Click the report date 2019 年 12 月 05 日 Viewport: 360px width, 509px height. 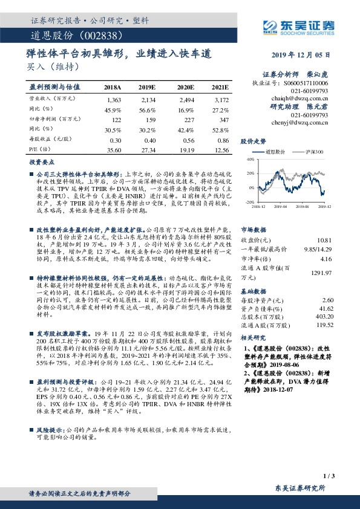tap(307, 54)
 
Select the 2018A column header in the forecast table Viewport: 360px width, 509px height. tap(113, 88)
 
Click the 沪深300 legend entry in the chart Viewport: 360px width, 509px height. tap(315, 152)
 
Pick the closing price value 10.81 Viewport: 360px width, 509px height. tap(342, 223)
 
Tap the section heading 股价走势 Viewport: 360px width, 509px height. tap(252, 140)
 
